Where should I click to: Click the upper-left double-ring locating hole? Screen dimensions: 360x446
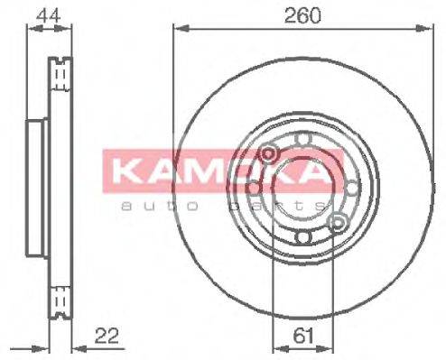[x=268, y=155]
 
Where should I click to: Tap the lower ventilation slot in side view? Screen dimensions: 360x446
[x=60, y=299]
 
